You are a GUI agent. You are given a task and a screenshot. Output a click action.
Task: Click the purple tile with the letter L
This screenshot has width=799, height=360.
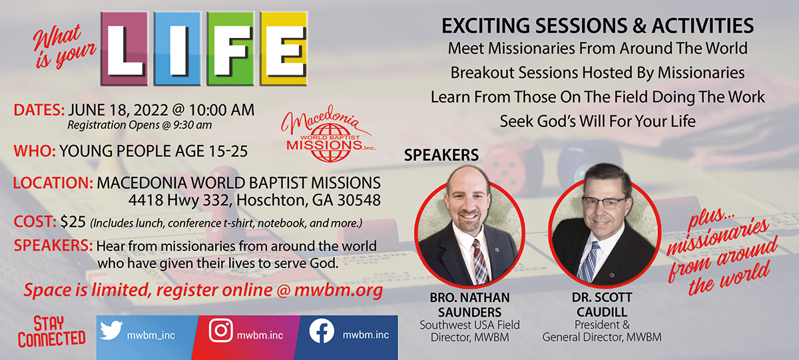click(x=124, y=49)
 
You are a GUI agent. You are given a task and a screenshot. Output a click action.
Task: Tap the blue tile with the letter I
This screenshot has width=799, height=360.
click(x=177, y=49)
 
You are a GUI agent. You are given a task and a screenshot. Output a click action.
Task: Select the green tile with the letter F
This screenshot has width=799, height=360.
click(x=230, y=49)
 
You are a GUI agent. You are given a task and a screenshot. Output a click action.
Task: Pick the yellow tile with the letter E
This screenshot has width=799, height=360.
click(x=284, y=49)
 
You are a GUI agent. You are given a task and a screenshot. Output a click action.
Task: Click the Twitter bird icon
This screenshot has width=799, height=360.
click(x=111, y=331)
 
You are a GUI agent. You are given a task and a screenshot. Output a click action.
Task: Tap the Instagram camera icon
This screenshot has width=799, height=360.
click(x=221, y=331)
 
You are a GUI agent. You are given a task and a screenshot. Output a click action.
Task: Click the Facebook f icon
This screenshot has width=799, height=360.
click(x=322, y=331)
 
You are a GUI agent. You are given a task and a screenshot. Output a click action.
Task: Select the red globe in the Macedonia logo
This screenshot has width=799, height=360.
click(x=330, y=142)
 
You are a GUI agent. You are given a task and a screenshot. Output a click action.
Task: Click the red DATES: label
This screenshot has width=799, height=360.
click(x=39, y=110)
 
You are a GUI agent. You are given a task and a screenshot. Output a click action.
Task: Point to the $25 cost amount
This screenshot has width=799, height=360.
click(x=73, y=222)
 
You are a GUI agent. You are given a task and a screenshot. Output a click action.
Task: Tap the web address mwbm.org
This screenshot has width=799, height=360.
click(x=338, y=289)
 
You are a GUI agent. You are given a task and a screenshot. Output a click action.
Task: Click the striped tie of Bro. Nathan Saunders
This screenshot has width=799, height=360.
click(x=480, y=262)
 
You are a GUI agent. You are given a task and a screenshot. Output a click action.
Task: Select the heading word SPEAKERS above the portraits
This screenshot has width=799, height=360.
click(x=441, y=155)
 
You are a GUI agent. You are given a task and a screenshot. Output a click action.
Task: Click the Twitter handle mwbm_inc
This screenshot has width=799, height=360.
click(x=151, y=335)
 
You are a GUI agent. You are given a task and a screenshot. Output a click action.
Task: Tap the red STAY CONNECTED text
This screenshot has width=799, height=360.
click(x=52, y=331)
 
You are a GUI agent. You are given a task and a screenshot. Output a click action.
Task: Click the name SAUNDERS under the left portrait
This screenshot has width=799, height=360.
click(x=470, y=312)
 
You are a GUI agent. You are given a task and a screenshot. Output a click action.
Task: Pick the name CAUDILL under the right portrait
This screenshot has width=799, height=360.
click(x=602, y=312)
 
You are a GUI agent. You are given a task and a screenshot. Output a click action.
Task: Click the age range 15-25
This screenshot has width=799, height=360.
click(x=228, y=152)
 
